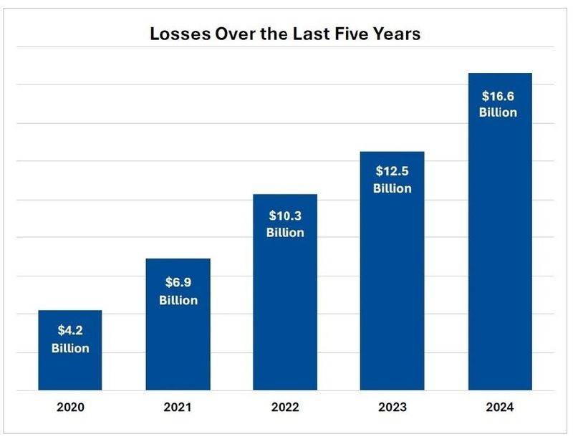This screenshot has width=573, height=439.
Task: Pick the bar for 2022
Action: pos(285,308)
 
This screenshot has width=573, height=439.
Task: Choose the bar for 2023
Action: pos(393,286)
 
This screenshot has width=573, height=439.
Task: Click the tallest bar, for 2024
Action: pos(500,251)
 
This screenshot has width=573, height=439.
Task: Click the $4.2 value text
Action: pos(70,332)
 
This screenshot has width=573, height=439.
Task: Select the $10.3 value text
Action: pos(285,215)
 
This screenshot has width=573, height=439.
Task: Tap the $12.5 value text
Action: pos(393,171)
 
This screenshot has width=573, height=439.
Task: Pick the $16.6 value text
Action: pos(498,95)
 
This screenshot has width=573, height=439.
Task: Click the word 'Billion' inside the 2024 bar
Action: pos(498,112)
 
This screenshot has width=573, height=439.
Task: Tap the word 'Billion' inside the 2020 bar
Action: pos(70,349)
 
